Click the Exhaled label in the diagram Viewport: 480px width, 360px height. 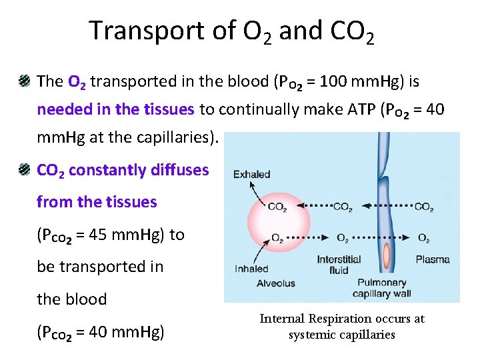(x=251, y=175)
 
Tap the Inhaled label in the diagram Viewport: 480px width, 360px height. (x=251, y=269)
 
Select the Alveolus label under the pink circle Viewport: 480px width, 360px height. (x=276, y=283)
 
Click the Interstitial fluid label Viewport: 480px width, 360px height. (x=339, y=264)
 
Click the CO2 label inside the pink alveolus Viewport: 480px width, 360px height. (x=277, y=207)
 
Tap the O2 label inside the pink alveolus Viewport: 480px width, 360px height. (x=277, y=238)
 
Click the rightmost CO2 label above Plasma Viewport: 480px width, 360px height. (x=423, y=207)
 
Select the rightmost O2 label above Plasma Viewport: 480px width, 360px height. (x=423, y=238)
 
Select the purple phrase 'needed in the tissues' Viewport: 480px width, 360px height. (x=115, y=109)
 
